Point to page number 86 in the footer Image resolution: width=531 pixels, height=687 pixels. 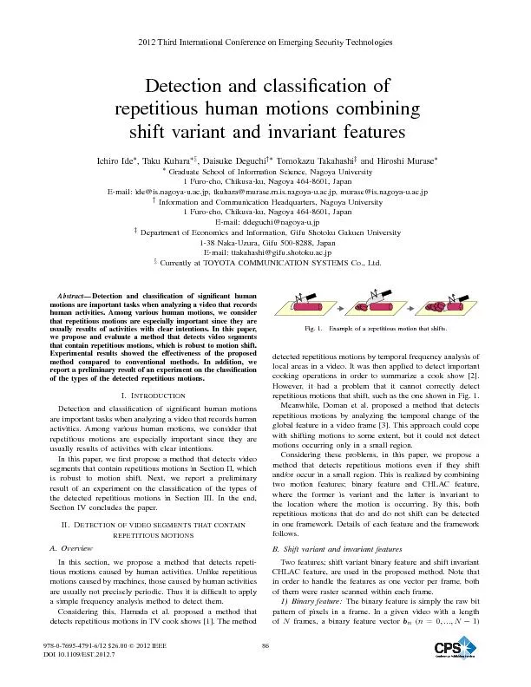(265, 666)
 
